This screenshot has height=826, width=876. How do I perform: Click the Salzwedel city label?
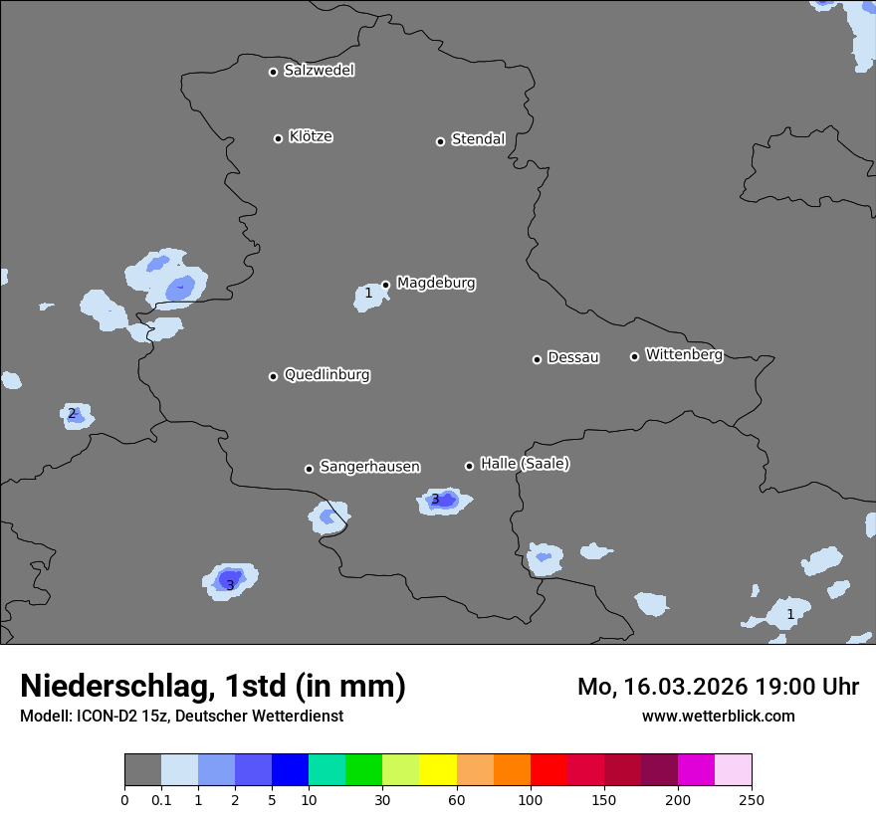coord(319,71)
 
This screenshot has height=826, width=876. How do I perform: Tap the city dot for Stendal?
coord(440,141)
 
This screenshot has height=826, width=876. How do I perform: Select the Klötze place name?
coord(311,137)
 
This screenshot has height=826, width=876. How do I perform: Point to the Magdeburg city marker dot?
coord(385,285)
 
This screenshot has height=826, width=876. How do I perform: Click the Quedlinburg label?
coord(327,375)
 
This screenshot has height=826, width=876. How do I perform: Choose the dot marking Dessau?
coord(537,359)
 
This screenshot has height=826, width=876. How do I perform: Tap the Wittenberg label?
coord(684,355)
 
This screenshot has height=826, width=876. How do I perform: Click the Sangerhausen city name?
coord(369,467)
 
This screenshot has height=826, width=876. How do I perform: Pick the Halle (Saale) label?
coord(525,464)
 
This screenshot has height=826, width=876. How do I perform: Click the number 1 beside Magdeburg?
coord(368,294)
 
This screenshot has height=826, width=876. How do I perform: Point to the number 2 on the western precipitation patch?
coord(72,413)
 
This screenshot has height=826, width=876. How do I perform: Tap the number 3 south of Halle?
coord(435,500)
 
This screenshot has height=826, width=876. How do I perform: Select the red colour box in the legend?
coord(548,770)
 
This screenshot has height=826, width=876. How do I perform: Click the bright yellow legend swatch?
coord(438,770)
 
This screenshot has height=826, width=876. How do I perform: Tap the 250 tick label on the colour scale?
coord(752,800)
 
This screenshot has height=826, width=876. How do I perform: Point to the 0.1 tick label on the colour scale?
coord(161,800)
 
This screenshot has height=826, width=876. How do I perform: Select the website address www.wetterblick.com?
coord(718,716)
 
